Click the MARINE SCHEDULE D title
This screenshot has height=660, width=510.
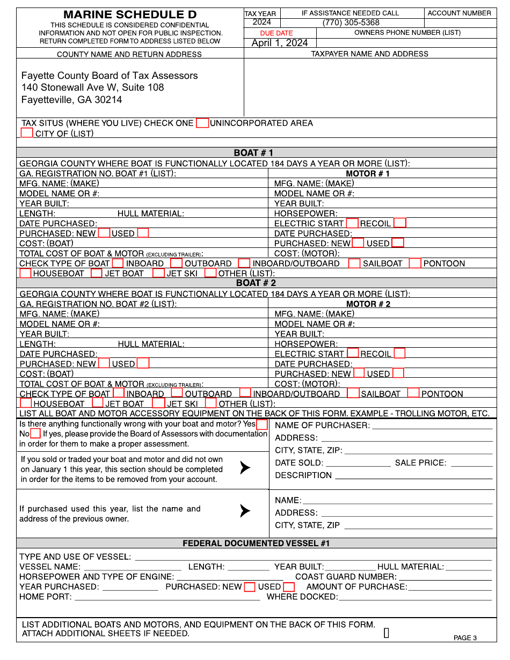click(130, 15)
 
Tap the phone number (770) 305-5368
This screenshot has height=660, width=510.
click(351, 23)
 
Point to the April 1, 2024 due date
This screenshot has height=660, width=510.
click(280, 43)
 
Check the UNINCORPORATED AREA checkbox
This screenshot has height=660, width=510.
click(202, 123)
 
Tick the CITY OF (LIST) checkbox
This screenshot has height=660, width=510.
click(27, 133)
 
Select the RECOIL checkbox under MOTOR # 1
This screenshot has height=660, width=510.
click(400, 223)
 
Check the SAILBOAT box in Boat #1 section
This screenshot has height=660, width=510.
click(354, 263)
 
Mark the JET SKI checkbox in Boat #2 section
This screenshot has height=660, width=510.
click(158, 403)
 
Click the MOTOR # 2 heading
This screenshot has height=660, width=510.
click(368, 304)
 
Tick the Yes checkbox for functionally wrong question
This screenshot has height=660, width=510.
click(262, 424)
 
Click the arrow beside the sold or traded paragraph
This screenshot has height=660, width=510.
click(245, 468)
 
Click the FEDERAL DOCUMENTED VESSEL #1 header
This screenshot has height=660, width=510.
click(256, 544)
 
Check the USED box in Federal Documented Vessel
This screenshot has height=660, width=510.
click(289, 587)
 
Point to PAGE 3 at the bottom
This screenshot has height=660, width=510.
click(465, 638)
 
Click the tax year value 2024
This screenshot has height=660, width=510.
click(261, 23)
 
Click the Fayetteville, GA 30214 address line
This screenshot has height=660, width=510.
click(71, 100)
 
